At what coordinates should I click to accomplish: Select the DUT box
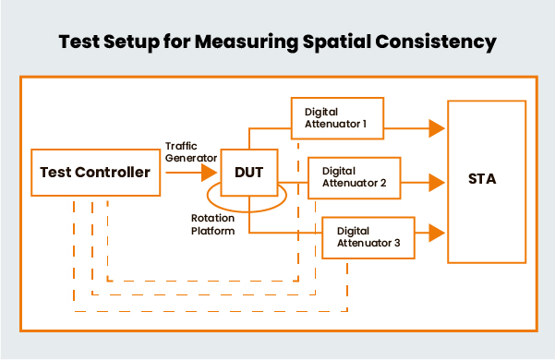(249, 171)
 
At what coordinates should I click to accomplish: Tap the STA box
(481, 179)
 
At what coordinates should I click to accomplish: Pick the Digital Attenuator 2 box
(354, 177)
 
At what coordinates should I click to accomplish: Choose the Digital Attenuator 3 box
(368, 236)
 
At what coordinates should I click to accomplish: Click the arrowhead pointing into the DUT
(209, 172)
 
